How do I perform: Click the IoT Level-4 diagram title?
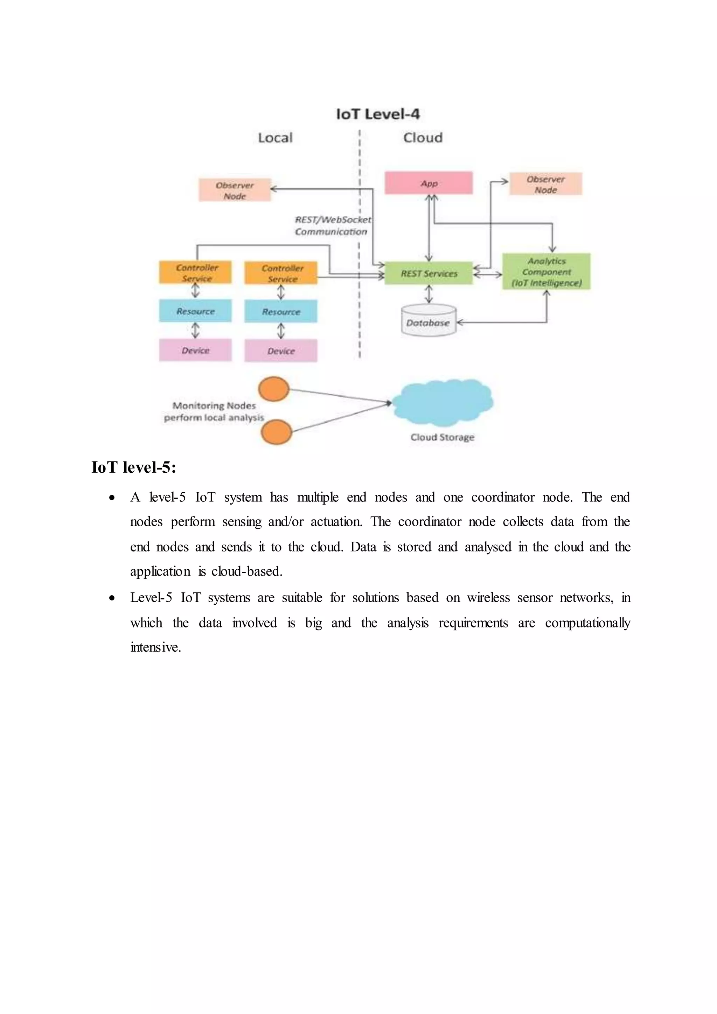click(377, 114)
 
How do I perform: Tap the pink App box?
click(428, 183)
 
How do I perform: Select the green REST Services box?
click(428, 273)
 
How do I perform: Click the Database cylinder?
click(428, 321)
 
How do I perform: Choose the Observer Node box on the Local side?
click(235, 190)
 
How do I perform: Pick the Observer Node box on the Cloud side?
click(546, 184)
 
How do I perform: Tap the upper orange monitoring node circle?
click(274, 389)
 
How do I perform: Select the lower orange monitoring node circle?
click(276, 432)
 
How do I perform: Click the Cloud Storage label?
click(443, 437)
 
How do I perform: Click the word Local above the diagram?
click(275, 138)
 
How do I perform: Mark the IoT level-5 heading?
click(134, 467)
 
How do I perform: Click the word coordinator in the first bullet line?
click(502, 497)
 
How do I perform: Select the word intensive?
click(155, 647)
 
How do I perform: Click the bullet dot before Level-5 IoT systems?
click(112, 598)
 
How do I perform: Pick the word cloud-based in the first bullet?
click(247, 571)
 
